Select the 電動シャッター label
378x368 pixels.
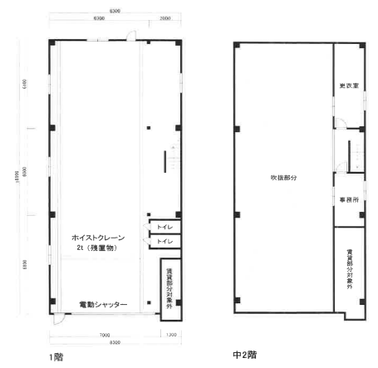pos(103,305)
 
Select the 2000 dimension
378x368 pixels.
pos(165,17)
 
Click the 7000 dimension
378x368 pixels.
pos(102,336)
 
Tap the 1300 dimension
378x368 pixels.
pos(171,336)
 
